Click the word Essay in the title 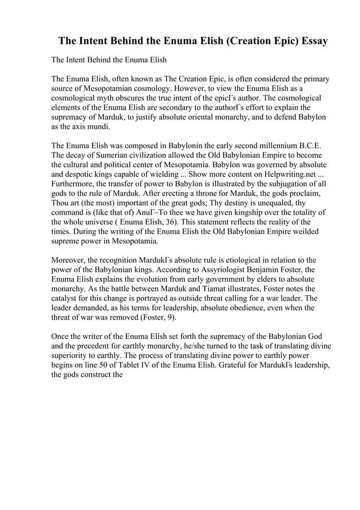tap(310, 42)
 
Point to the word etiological tap(228, 260)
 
